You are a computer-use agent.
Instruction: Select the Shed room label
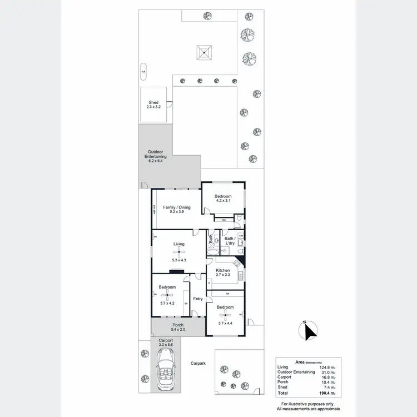[153, 102]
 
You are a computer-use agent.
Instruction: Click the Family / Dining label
[176, 207]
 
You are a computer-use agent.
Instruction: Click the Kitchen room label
[222, 270]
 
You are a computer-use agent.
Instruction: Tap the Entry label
[198, 299]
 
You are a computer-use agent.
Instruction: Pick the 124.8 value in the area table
[324, 367]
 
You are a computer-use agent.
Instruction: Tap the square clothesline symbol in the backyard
[205, 53]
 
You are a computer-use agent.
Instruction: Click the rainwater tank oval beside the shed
[143, 72]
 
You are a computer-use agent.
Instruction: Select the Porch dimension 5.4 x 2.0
[178, 330]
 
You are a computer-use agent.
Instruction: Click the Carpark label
[198, 363]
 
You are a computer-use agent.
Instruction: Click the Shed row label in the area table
[283, 387]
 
